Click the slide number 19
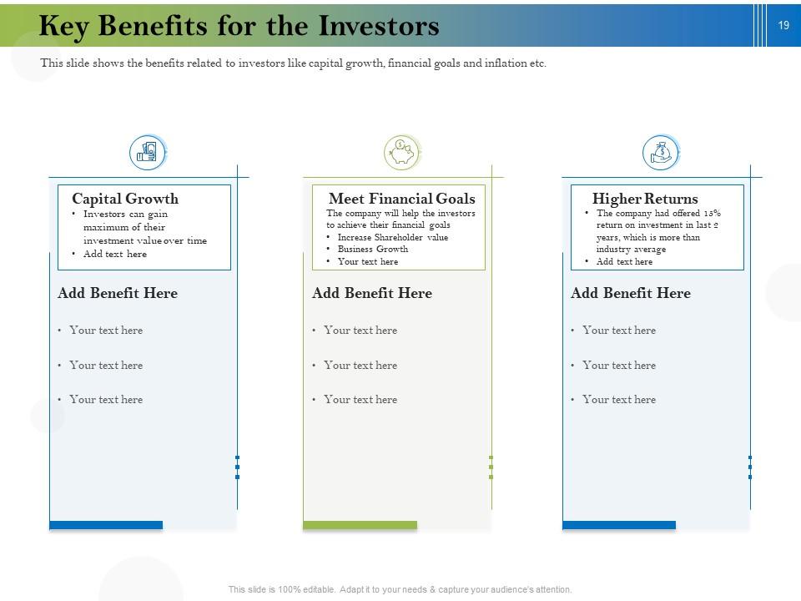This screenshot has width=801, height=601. [783, 26]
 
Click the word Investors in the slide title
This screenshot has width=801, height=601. [379, 27]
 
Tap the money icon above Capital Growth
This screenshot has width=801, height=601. [148, 153]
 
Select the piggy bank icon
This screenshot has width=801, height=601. [401, 153]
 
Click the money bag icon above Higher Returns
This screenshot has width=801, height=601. [661, 153]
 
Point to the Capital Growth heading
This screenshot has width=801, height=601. [125, 199]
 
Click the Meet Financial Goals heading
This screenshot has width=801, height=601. [401, 199]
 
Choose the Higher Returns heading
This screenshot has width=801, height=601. [645, 199]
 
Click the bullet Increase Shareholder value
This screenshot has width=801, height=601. [392, 237]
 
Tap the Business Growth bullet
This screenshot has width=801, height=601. [372, 249]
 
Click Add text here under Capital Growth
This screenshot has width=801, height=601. [114, 254]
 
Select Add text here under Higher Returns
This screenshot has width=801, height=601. [624, 261]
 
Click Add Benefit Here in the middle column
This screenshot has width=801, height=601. [372, 293]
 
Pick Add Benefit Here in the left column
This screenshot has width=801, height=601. [118, 293]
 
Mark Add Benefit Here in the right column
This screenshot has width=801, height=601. [631, 293]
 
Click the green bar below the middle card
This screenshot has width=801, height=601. [360, 525]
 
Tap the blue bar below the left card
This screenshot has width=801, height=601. [106, 525]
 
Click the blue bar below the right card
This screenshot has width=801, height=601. [619, 525]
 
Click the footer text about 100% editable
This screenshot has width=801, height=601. [400, 589]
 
